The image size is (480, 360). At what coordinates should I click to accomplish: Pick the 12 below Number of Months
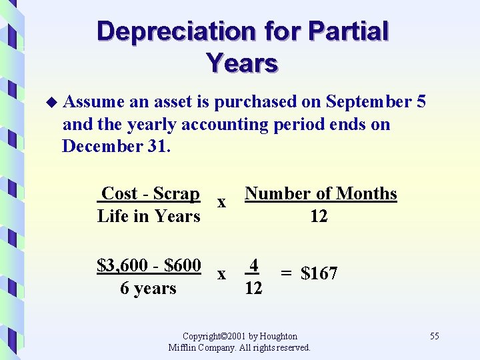(319, 216)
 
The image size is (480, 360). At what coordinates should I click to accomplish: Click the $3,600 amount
(121, 266)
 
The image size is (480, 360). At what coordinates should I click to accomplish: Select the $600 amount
(182, 266)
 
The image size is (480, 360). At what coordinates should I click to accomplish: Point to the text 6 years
(148, 289)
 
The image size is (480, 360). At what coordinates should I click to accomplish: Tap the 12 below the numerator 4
(253, 289)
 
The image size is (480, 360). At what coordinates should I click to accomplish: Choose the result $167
(319, 273)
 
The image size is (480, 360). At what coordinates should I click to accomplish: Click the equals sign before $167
(285, 273)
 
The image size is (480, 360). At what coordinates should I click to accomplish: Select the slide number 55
(434, 336)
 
